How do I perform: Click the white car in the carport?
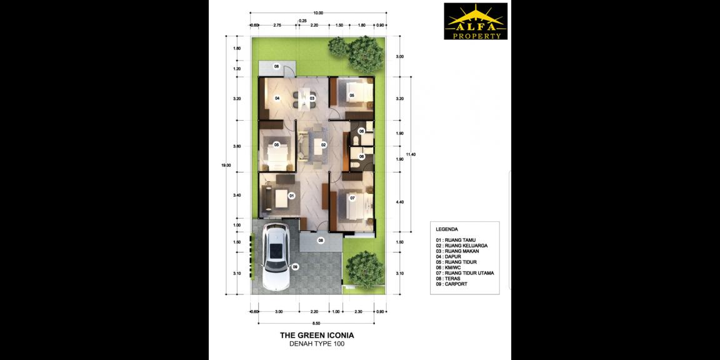pos(274,257)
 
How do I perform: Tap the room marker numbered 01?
pos(291,196)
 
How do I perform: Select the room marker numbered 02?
pos(324,144)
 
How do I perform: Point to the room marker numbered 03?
pos(311,99)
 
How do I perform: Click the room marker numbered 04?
pos(277,99)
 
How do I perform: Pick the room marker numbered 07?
pos(352,198)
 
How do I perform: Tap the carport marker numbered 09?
pos(295,267)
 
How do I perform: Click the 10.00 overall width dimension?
pos(318,12)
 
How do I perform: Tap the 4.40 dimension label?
pos(400,202)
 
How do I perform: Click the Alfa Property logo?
pos(475,22)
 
